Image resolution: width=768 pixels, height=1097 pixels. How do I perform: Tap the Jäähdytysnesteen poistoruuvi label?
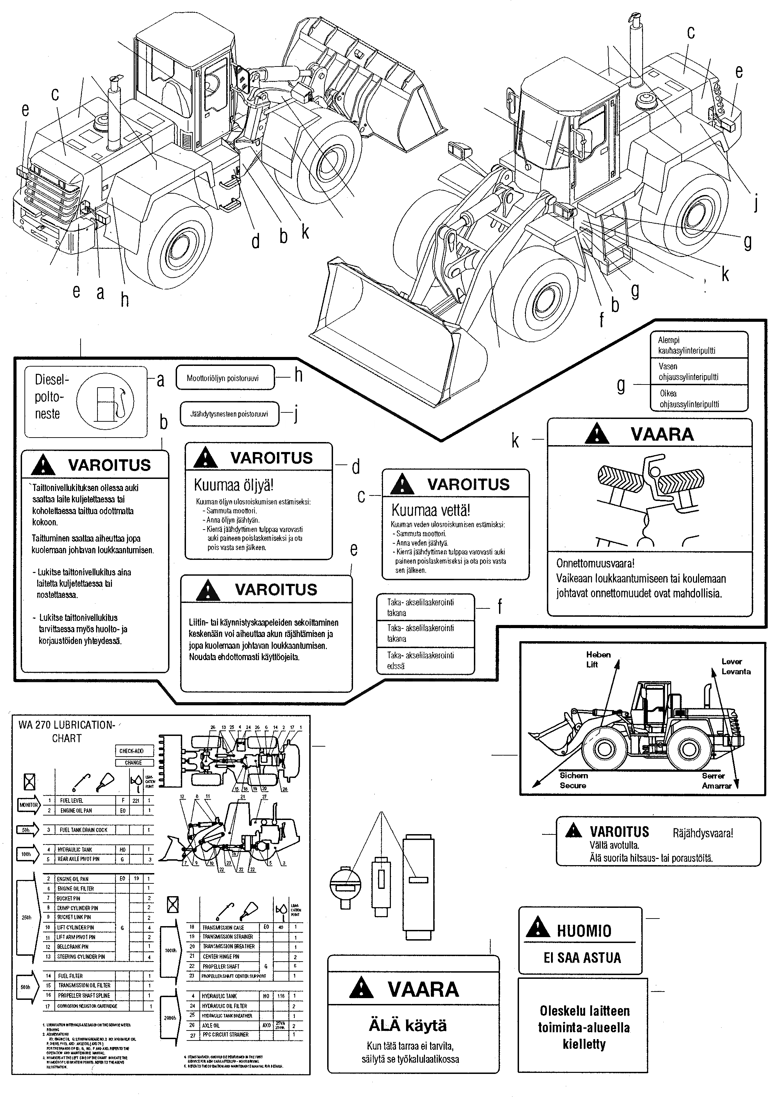[x=229, y=414]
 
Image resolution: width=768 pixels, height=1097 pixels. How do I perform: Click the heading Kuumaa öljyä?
[x=233, y=485]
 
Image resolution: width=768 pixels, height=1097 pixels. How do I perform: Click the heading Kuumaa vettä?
[x=431, y=510]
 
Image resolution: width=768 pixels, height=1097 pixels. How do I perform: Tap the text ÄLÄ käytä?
[x=408, y=1025]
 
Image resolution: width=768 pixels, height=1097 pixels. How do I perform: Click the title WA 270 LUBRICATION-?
[x=66, y=725]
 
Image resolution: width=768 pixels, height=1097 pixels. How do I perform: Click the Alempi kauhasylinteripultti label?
[x=686, y=345]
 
